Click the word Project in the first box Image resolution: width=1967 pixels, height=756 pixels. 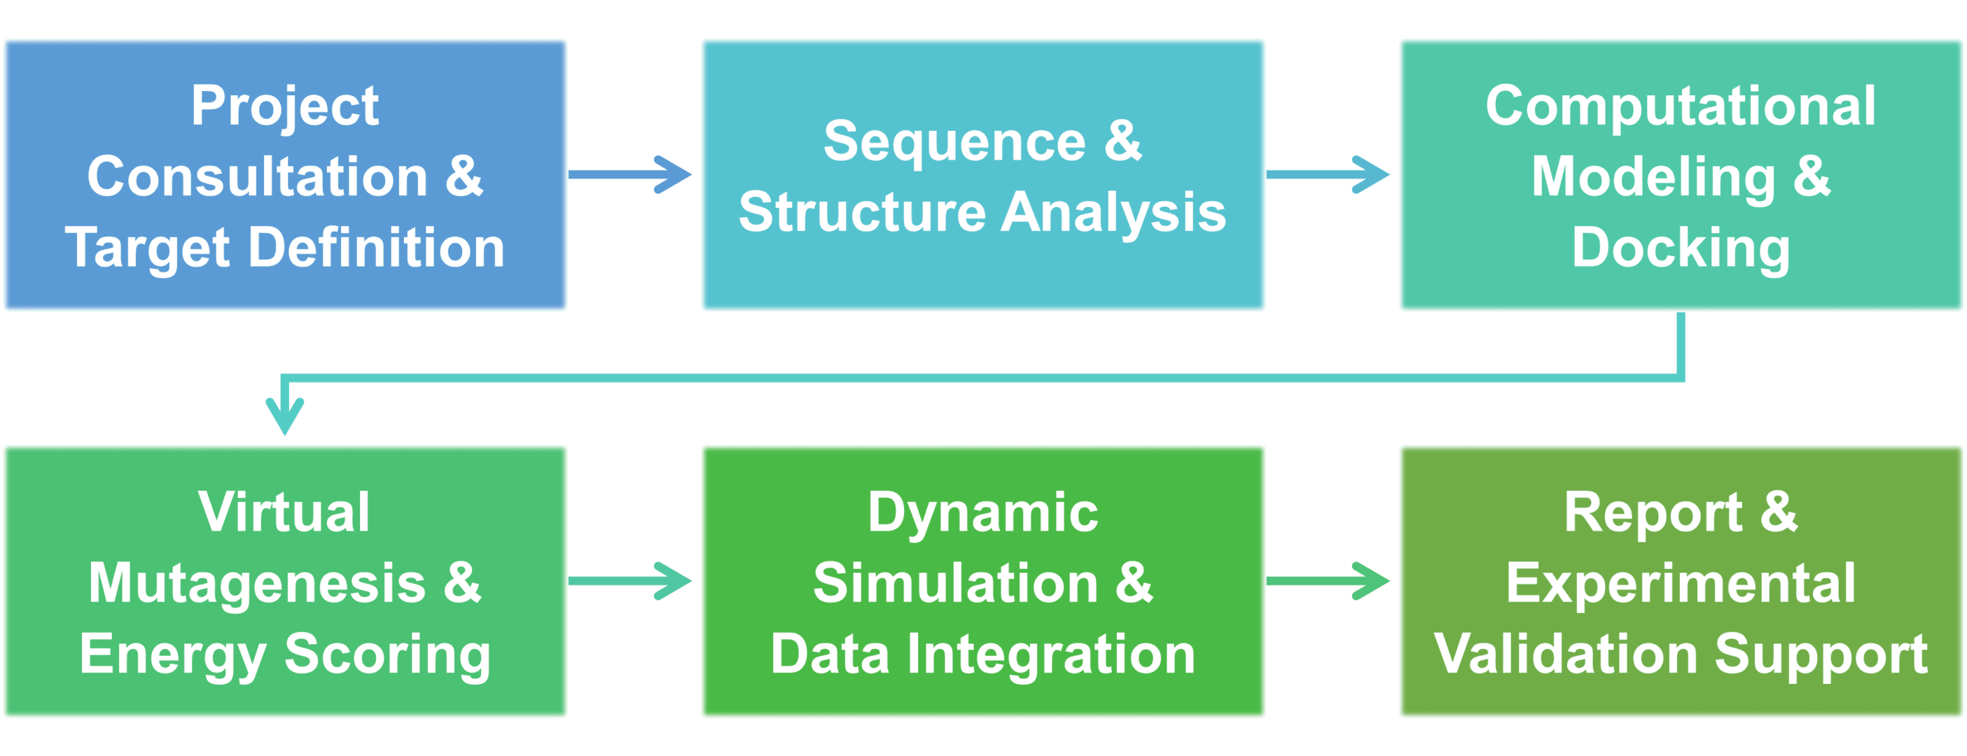(284, 106)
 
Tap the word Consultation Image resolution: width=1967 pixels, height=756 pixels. (257, 177)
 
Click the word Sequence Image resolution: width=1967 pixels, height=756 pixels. (954, 142)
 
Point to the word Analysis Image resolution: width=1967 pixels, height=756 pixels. (1113, 212)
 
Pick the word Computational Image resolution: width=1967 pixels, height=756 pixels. (1681, 106)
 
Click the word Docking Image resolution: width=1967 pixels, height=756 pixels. (1681, 248)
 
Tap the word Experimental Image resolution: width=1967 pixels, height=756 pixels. (1681, 583)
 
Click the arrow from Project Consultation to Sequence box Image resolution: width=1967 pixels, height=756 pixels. (631, 175)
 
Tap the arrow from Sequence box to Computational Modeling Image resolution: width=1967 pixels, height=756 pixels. (1328, 175)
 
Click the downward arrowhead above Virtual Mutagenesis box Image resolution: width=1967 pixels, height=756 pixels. (285, 416)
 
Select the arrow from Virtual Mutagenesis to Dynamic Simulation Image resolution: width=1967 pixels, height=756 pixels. (631, 581)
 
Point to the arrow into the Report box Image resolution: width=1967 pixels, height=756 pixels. (1328, 581)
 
